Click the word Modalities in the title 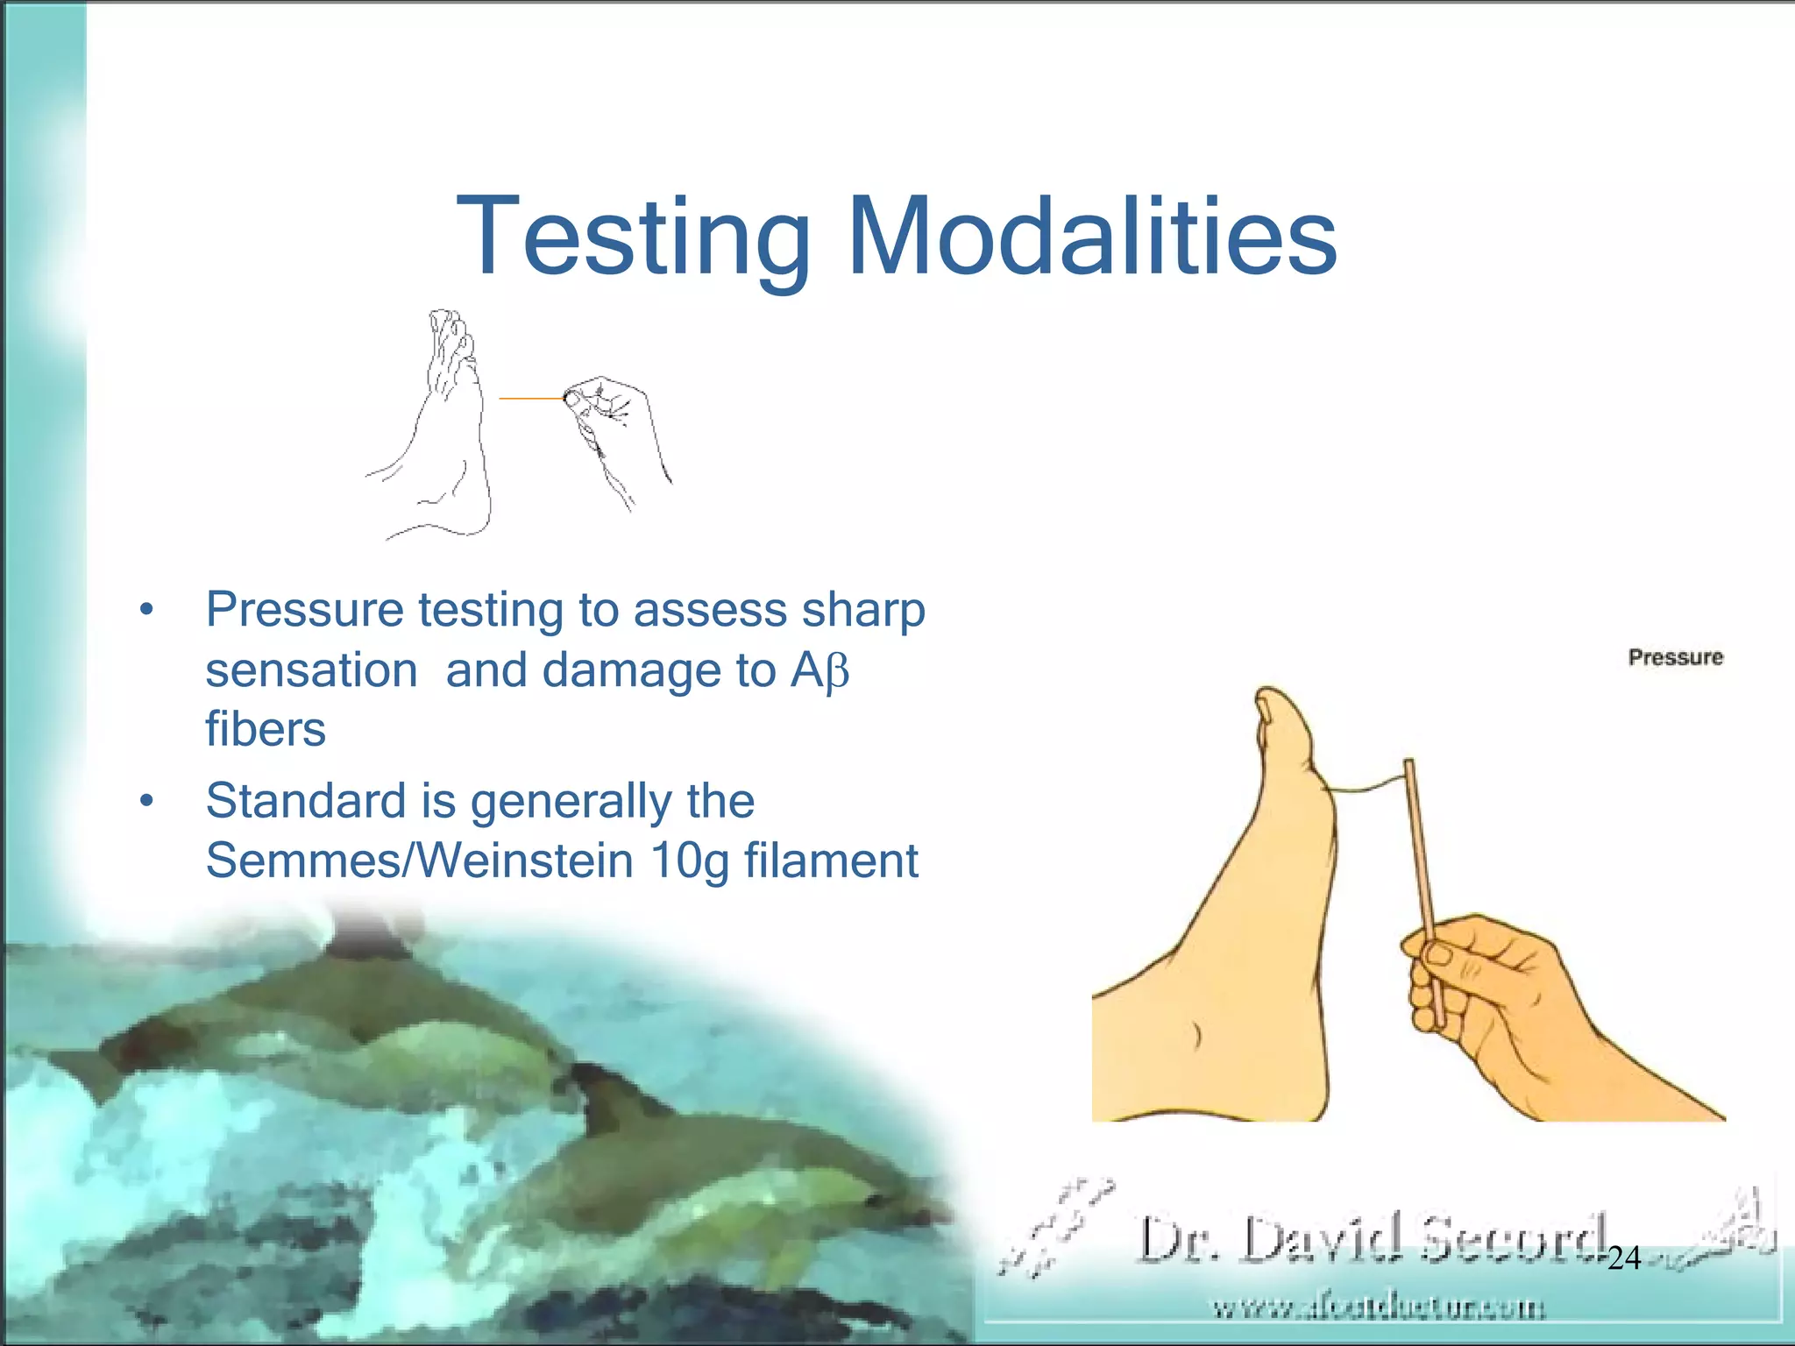coord(1091,237)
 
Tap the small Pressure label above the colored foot coord(1675,657)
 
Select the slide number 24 coord(1624,1258)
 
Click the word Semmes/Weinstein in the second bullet coord(419,861)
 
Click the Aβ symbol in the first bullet coord(820,671)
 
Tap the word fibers coord(266,729)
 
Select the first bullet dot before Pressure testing coord(146,610)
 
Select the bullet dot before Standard coord(146,801)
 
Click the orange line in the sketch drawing coord(530,399)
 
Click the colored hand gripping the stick coord(1508,999)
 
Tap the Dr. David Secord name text coord(1372,1239)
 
